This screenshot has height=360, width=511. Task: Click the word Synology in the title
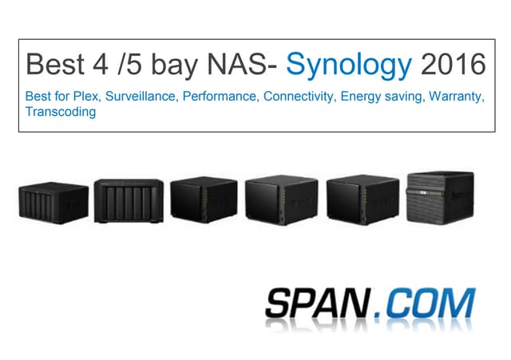tap(349, 65)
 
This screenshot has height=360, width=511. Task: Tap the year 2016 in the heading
tap(454, 64)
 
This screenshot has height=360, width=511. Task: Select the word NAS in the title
tap(238, 64)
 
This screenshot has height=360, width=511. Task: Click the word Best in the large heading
tap(55, 64)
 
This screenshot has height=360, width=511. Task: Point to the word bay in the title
tap(174, 65)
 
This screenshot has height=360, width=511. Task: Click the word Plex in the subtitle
tap(86, 96)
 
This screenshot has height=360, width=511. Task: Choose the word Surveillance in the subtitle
tap(141, 96)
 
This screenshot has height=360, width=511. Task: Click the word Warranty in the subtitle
tap(457, 97)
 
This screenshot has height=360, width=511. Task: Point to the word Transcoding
tap(61, 112)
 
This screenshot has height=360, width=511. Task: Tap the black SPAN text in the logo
tap(319, 303)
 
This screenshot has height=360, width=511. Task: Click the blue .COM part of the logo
tap(425, 303)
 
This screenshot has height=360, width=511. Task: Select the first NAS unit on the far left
tap(53, 203)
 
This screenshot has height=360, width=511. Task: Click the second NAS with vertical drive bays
tap(129, 201)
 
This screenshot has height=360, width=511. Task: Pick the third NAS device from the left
tap(204, 200)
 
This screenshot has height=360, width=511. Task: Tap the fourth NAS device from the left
tap(282, 200)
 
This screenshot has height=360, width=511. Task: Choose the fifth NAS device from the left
tap(362, 200)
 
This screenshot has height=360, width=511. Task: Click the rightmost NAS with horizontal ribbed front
tap(440, 198)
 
